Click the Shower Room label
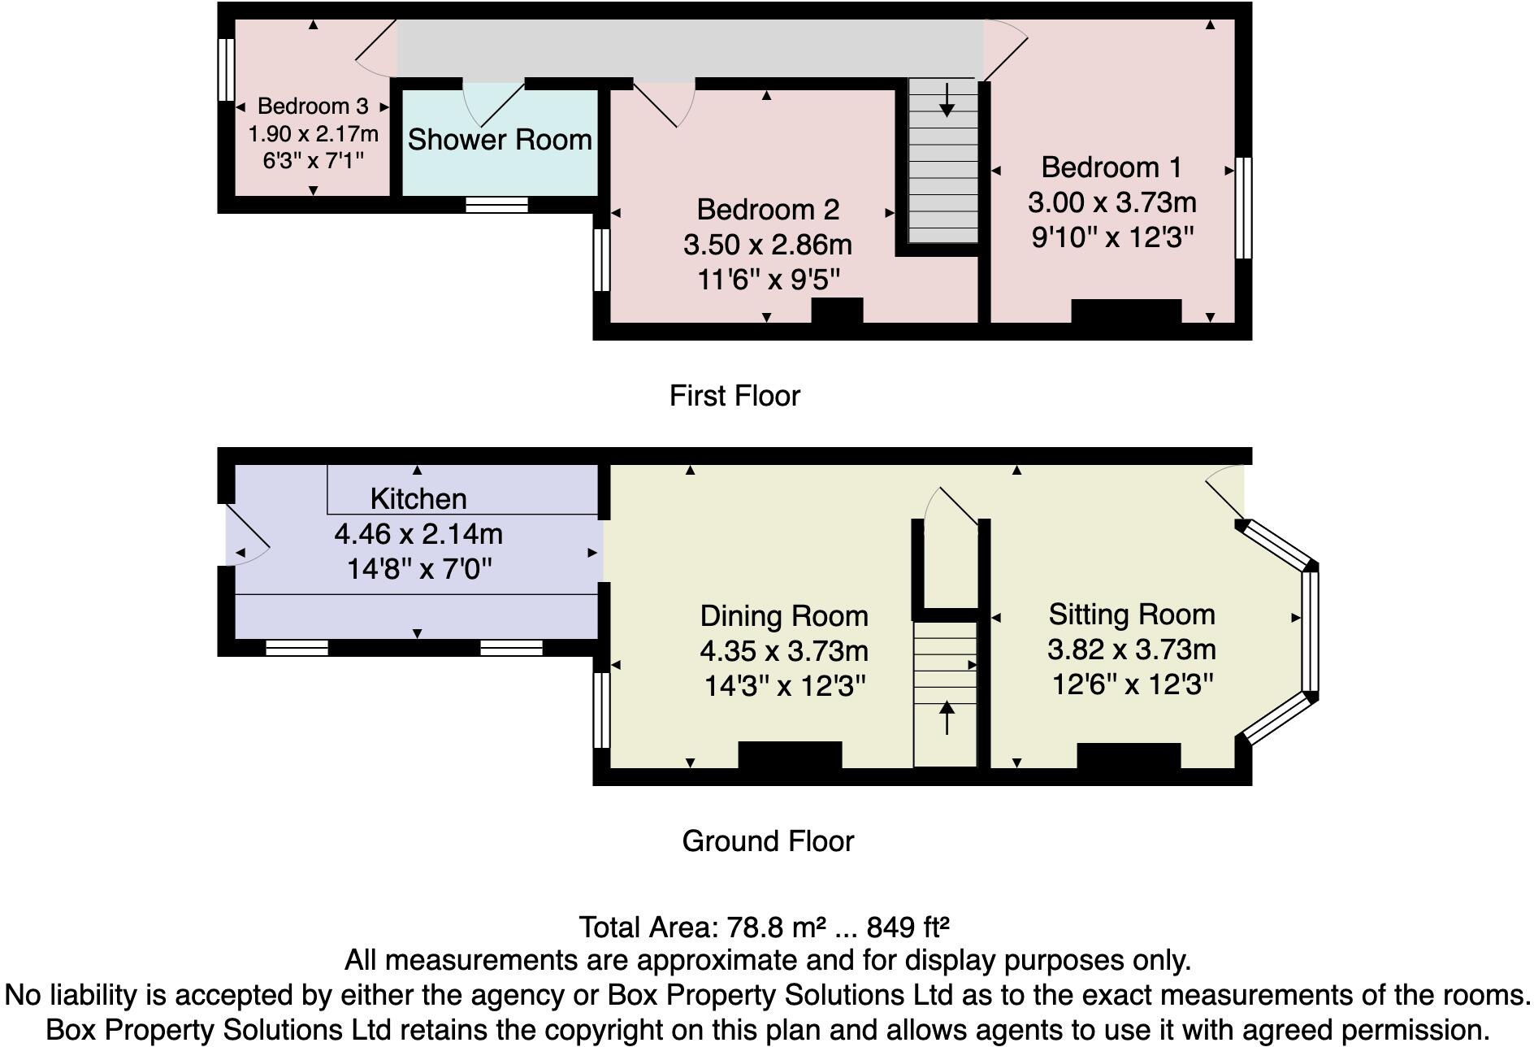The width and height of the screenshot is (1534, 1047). tap(500, 140)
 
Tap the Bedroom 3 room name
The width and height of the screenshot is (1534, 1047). tap(313, 106)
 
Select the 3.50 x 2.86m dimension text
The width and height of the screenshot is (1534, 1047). tap(767, 245)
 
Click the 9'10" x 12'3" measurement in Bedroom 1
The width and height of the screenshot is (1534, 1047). tap(1112, 237)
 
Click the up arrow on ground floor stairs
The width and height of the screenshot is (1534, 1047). tap(947, 718)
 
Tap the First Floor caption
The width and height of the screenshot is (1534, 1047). tap(734, 396)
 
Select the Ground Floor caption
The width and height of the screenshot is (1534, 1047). tap(768, 841)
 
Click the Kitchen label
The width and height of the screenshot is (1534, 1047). tap(418, 498)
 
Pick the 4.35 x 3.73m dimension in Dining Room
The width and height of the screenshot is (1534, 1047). tap(784, 651)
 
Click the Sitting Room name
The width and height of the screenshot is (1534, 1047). tap(1131, 615)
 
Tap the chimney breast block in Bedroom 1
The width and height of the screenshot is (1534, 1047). tap(1125, 311)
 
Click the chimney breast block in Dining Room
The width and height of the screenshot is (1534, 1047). tap(790, 755)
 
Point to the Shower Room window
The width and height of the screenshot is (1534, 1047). tap(496, 204)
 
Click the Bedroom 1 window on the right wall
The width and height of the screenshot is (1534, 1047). tap(1243, 208)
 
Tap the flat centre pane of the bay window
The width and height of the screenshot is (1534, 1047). tap(1309, 632)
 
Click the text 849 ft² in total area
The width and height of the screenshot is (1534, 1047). tap(908, 927)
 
